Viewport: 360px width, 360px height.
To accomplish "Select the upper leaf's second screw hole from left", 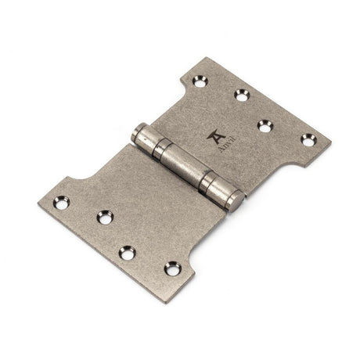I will coord(241,95).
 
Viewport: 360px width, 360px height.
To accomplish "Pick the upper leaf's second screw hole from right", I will coord(265,124).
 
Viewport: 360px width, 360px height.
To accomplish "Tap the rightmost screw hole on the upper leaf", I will coord(306,140).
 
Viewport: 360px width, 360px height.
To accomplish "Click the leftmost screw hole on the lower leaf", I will coord(60,203).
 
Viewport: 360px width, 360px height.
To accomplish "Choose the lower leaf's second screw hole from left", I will coord(103,218).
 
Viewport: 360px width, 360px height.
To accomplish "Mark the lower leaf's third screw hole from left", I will coord(127,251).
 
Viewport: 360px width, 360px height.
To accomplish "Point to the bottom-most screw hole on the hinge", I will coord(171,268).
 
